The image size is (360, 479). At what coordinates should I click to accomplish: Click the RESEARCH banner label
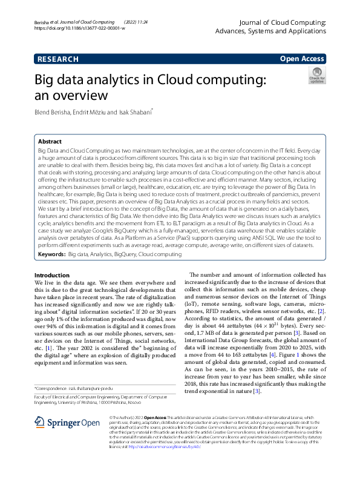point(58,59)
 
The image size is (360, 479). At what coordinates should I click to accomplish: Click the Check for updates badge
point(316,76)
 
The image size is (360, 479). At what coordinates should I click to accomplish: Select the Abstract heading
point(50,141)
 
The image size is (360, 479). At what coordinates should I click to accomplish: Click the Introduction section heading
point(52,275)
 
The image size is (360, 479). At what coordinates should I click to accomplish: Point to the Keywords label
point(51,256)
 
